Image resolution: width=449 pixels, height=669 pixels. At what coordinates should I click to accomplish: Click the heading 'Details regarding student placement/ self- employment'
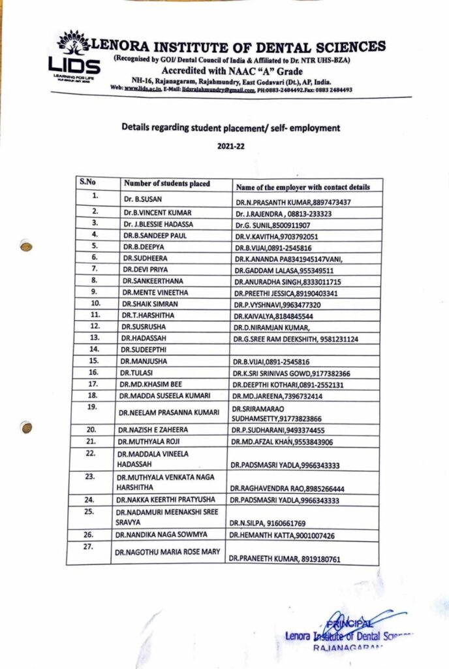[x=230, y=127]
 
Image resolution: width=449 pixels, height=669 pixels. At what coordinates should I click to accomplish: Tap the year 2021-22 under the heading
[x=230, y=146]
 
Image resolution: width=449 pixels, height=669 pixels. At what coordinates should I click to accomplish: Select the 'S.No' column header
[x=87, y=183]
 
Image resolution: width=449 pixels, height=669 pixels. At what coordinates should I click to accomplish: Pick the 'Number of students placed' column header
[x=167, y=184]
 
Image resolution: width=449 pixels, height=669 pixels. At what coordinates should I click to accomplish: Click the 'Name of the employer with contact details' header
[x=303, y=186]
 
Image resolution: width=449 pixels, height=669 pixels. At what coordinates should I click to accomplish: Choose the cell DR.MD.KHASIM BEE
[x=149, y=384]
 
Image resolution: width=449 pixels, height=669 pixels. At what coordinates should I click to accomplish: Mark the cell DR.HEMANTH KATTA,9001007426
[x=281, y=536]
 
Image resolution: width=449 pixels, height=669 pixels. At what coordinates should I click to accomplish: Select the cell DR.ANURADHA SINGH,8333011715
[x=287, y=282]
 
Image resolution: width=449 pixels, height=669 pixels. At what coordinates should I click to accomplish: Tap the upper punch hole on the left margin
[x=26, y=246]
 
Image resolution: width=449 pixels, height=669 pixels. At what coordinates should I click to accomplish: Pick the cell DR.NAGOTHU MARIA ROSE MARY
[x=167, y=552]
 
